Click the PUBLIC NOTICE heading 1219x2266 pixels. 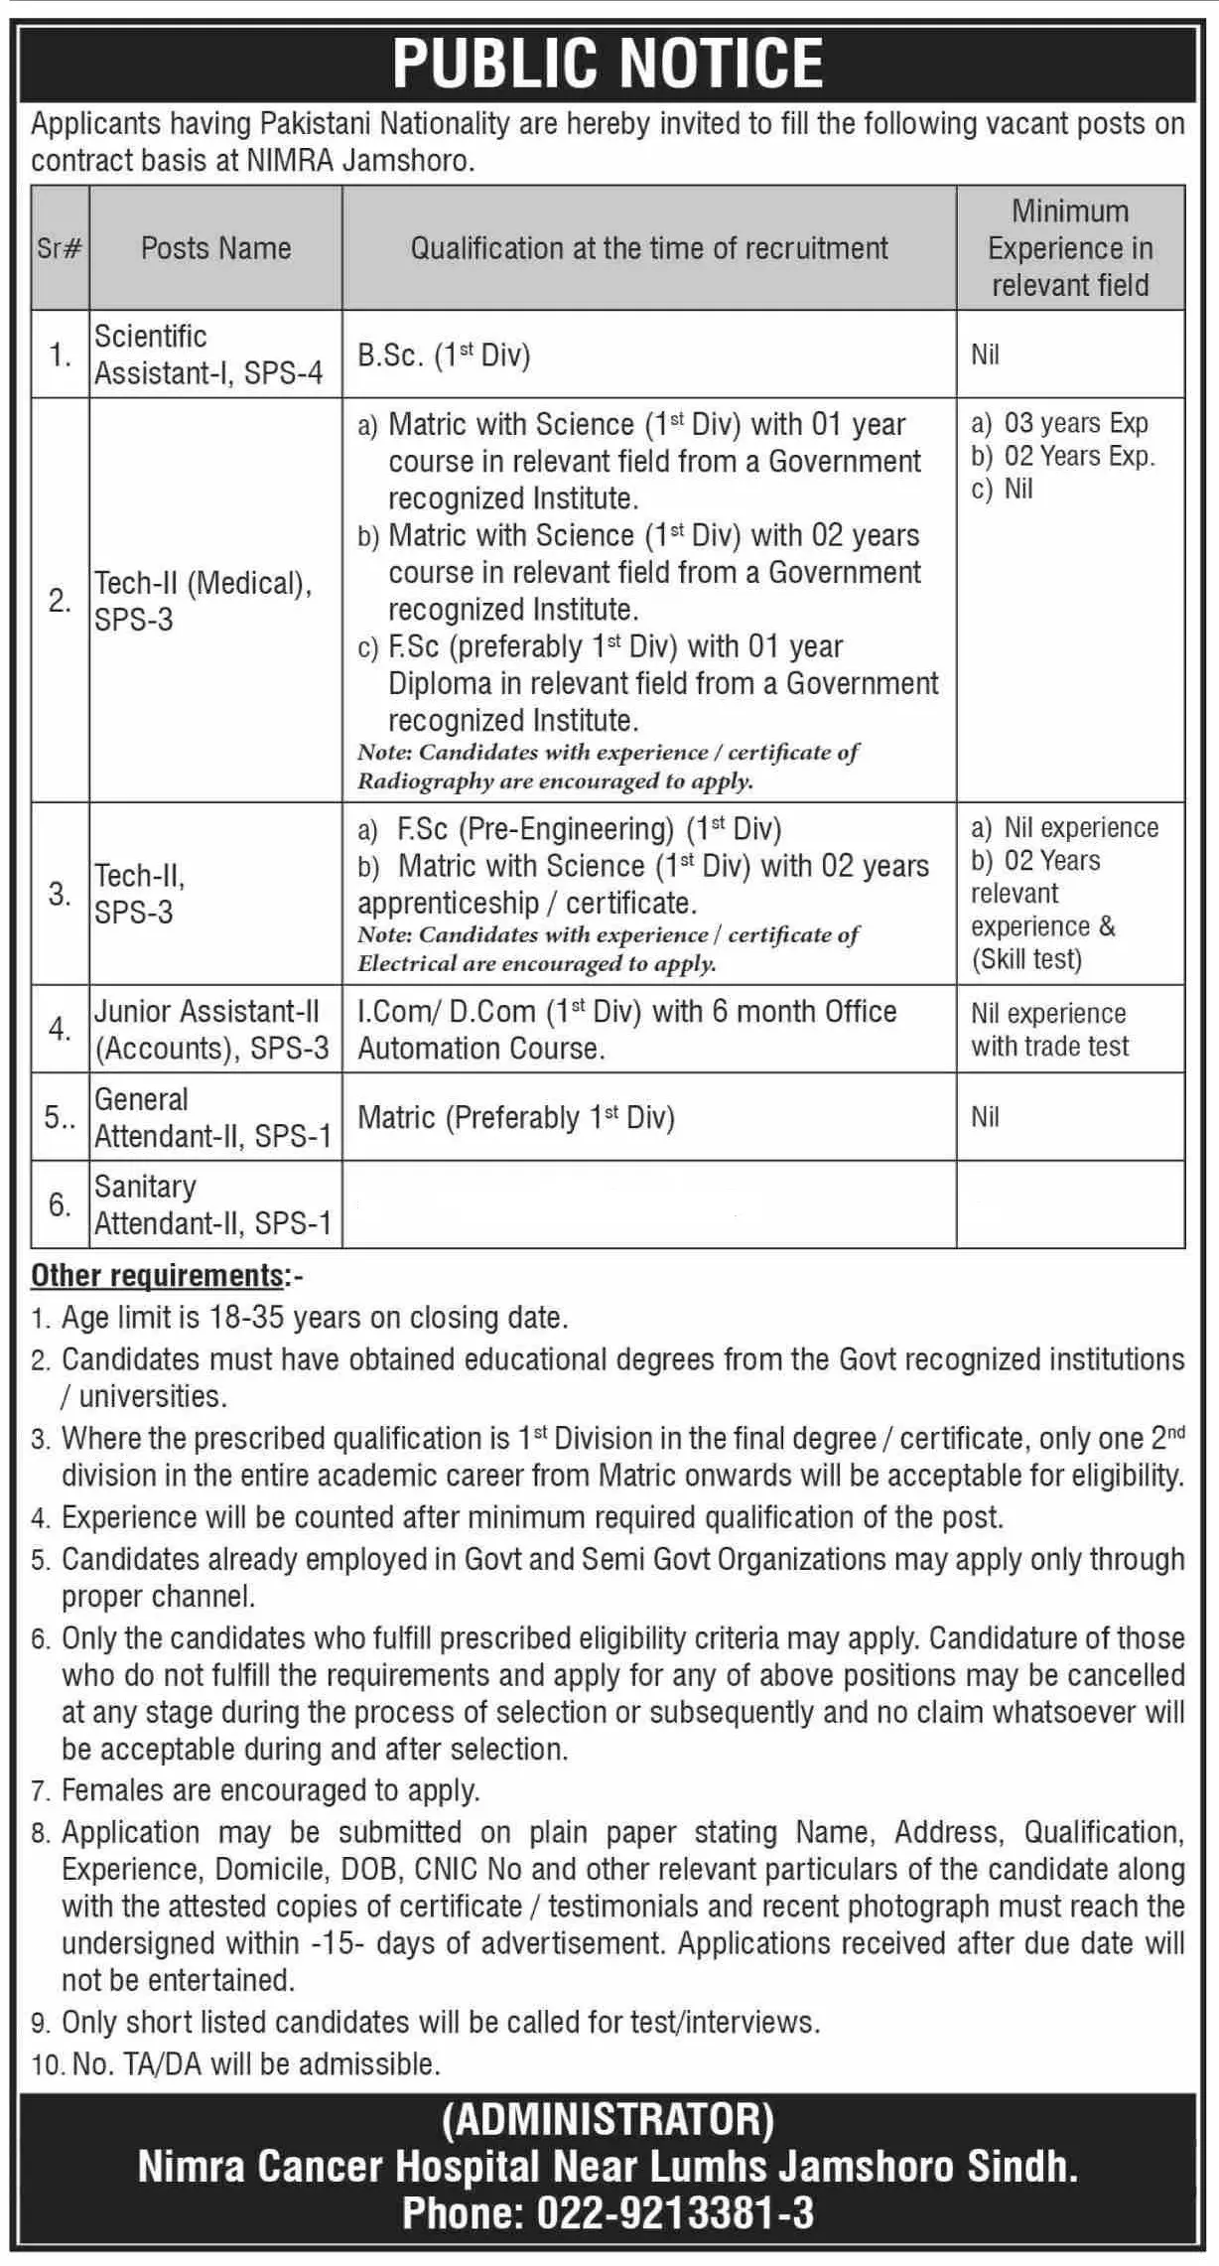608,64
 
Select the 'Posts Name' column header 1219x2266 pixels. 215,248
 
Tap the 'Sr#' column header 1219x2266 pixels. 60,248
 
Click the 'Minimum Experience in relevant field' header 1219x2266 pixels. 1070,248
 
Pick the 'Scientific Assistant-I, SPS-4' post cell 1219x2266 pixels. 208,354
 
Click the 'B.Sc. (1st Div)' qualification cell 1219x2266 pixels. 444,355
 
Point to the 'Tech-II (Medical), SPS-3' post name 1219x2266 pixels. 203,601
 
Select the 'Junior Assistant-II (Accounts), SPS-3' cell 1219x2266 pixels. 211,1030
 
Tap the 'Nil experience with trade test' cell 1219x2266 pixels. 1049,1030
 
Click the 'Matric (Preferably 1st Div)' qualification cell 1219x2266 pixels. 516,1118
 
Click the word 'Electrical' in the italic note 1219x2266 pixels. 410,964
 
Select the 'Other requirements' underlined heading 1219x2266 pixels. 158,1275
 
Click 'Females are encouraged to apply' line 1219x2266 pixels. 270,1790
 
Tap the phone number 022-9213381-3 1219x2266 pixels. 675,2212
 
